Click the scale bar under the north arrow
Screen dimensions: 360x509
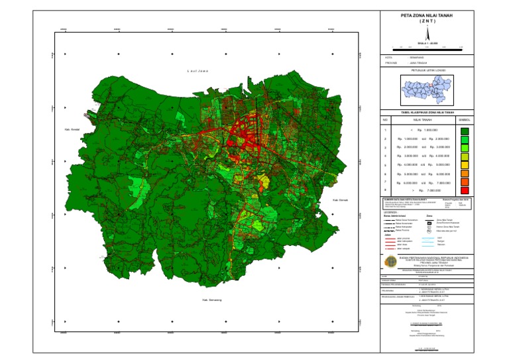point(427,46)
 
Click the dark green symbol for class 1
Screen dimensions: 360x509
point(465,130)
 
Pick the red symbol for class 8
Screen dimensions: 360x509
point(465,190)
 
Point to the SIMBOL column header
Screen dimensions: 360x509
point(465,120)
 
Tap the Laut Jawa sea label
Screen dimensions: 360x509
point(198,70)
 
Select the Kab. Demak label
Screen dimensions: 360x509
point(340,200)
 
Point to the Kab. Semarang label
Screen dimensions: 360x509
point(211,300)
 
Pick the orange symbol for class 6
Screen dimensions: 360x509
point(465,173)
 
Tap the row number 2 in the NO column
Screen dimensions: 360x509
point(385,139)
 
